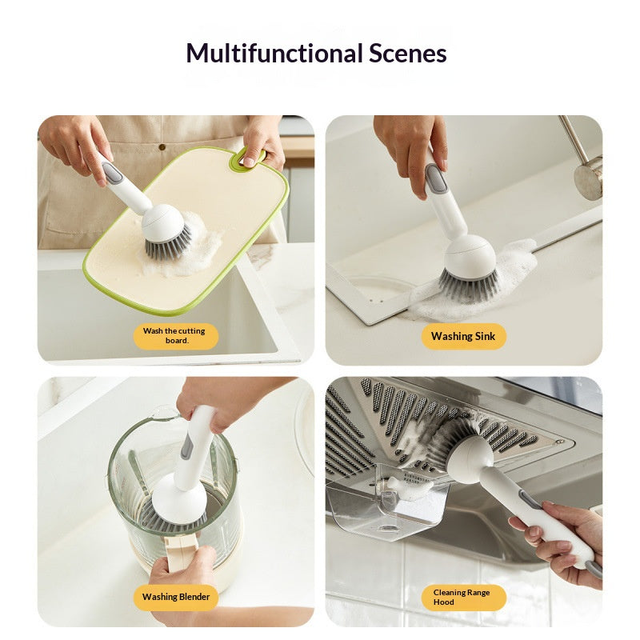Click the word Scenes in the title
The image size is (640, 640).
tap(407, 54)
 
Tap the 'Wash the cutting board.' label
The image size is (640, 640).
tap(175, 335)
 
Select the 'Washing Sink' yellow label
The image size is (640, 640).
tap(463, 336)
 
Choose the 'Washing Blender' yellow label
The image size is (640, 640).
tap(176, 597)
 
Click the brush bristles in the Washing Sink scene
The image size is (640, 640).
tap(468, 284)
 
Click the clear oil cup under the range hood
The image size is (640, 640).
tap(384, 504)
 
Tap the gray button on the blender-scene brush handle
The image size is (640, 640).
tap(187, 445)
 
